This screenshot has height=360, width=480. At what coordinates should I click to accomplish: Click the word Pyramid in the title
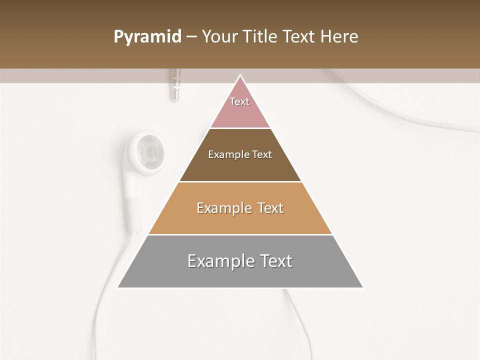pyautogui.click(x=147, y=37)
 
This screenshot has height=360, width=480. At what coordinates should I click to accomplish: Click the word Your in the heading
pyautogui.click(x=220, y=36)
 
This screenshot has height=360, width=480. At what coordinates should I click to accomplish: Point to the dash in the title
pyautogui.click(x=191, y=37)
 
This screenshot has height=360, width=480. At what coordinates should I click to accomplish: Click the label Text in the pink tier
pyautogui.click(x=239, y=101)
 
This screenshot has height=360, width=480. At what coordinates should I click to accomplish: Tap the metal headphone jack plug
pyautogui.click(x=174, y=84)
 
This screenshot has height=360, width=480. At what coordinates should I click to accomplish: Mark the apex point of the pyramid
pyautogui.click(x=240, y=76)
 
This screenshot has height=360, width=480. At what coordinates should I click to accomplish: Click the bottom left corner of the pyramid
pyautogui.click(x=118, y=287)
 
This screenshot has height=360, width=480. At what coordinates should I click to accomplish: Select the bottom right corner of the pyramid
pyautogui.click(x=362, y=287)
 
